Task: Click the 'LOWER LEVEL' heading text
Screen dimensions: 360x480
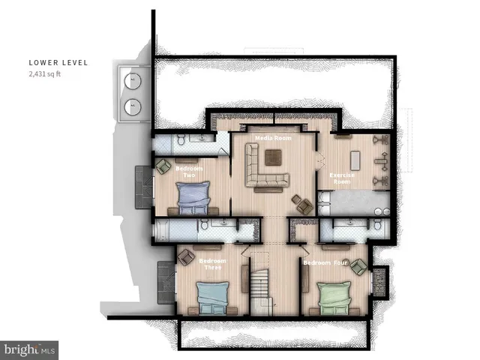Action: tap(58, 63)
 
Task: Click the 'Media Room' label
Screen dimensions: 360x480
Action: tap(273, 139)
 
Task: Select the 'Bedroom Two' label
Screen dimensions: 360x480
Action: tap(189, 172)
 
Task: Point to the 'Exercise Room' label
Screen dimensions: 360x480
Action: tap(341, 178)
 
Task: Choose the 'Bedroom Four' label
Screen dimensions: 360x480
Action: tap(324, 263)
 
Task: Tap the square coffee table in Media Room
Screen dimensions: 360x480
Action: tap(272, 157)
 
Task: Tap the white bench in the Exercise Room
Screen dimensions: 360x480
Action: tap(355, 160)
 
